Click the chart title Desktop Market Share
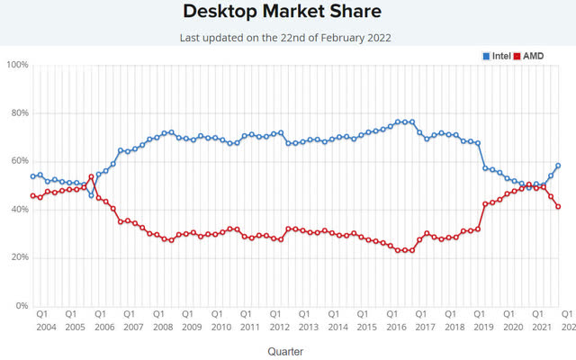point(281,12)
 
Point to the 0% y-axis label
point(21,306)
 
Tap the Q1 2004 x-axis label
point(42,319)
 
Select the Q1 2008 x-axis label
point(159,319)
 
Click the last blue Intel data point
point(558,166)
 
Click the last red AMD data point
point(558,206)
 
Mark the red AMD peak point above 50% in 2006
point(91,176)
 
